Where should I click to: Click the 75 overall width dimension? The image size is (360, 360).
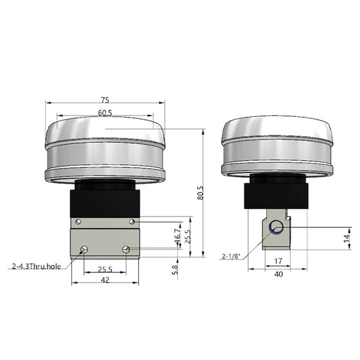click(104, 100)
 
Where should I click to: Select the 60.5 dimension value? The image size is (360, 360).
click(105, 113)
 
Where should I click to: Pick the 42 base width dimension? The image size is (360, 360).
click(104, 281)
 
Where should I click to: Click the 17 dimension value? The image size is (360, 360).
click(279, 260)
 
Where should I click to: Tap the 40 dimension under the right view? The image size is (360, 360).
click(279, 273)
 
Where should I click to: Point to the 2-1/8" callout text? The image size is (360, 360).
click(231, 257)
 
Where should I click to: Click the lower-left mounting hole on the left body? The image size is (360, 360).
click(84, 249)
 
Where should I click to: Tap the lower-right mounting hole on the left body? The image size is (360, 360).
click(126, 249)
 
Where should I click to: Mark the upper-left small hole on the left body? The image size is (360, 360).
click(78, 222)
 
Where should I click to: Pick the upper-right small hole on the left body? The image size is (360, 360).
click(132, 222)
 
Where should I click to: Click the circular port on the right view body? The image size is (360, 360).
click(276, 227)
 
